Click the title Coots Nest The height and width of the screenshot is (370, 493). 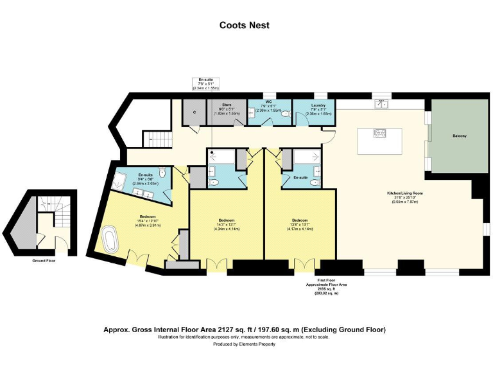[244, 25]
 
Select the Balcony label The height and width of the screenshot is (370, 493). [459, 136]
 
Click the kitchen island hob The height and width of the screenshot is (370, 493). [379, 134]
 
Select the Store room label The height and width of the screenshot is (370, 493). [226, 105]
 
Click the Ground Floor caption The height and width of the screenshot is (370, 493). [44, 261]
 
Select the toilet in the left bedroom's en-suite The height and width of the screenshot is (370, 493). [164, 172]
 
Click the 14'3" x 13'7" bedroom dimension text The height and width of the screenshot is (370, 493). [226, 226]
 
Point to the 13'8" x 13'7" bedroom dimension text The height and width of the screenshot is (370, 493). [300, 226]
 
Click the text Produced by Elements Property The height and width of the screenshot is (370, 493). [244, 344]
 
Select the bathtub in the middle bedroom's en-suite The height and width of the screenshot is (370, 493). [222, 155]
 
